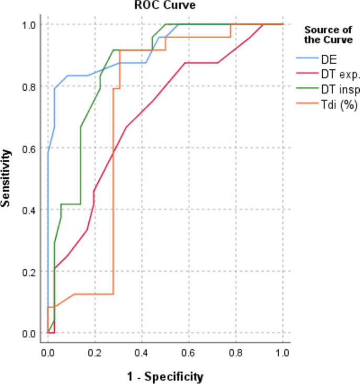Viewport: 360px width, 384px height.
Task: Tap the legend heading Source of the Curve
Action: (328, 35)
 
